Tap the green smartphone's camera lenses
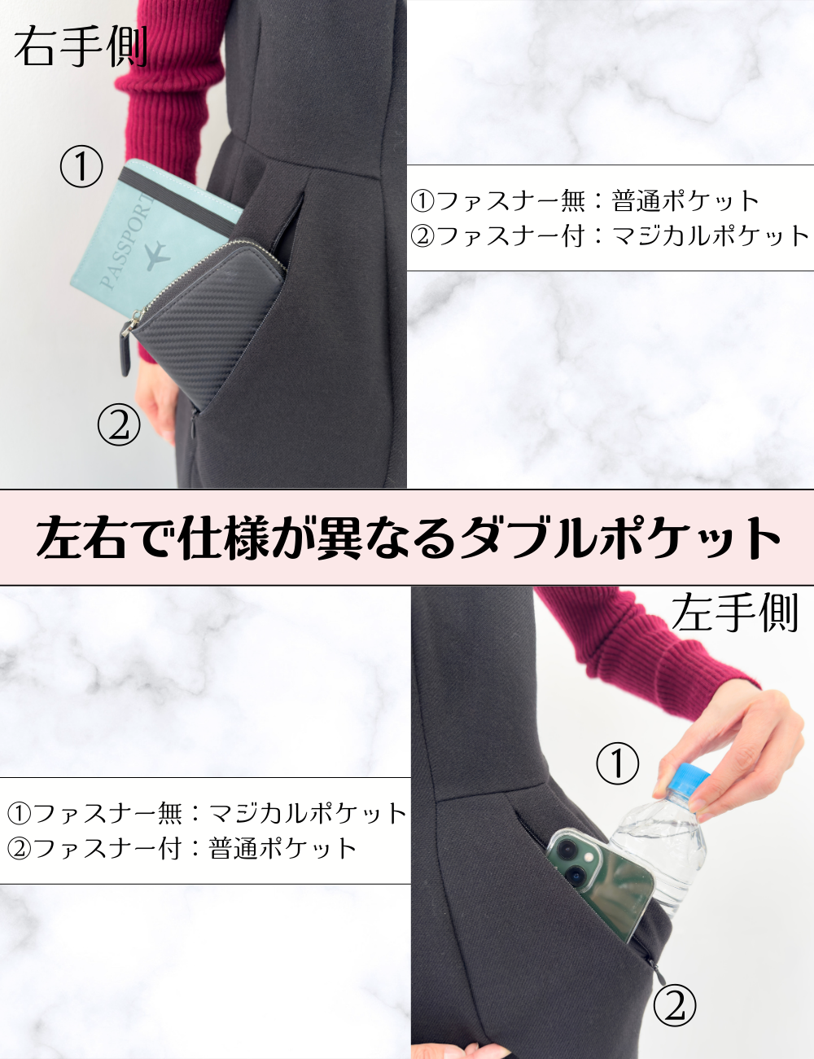pyautogui.click(x=570, y=859)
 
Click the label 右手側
pyautogui.click(x=80, y=46)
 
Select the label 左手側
pyautogui.click(x=734, y=612)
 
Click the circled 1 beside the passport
pyautogui.click(x=81, y=167)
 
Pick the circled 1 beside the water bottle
pyautogui.click(x=618, y=763)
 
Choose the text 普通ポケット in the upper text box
pyautogui.click(x=685, y=200)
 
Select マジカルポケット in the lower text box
pyautogui.click(x=308, y=813)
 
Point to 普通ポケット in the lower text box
pyautogui.click(x=282, y=848)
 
